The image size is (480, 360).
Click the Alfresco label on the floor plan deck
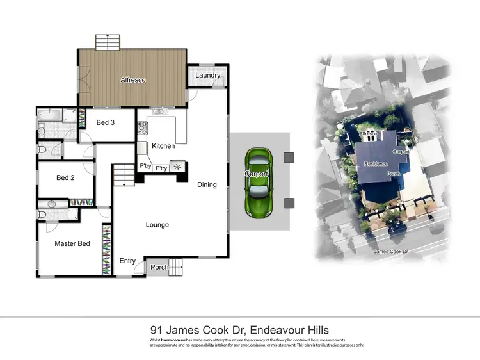tap(134, 80)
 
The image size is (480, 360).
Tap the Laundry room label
tap(208, 75)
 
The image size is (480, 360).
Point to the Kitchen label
tap(163, 146)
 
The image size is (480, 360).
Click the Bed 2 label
tap(66, 178)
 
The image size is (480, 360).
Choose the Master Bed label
tap(72, 243)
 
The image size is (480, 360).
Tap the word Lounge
tap(157, 225)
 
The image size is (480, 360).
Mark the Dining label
tap(207, 184)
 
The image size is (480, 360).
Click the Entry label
tap(127, 261)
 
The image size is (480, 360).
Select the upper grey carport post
tap(289, 157)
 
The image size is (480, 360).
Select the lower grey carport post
tap(289, 203)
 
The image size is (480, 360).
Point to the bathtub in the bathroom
tap(49, 115)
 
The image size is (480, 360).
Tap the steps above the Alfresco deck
tap(107, 42)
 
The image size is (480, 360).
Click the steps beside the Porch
tap(177, 266)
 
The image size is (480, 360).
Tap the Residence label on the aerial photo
tap(376, 164)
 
